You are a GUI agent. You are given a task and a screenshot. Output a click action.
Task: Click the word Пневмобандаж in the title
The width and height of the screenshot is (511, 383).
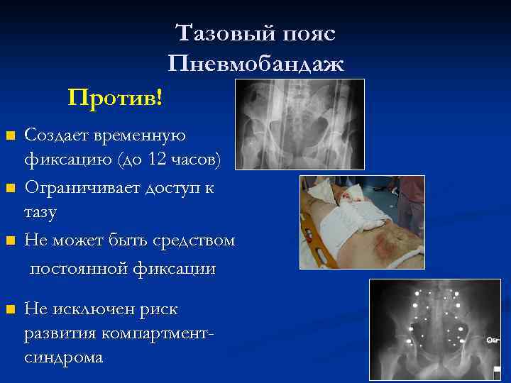coord(256,65)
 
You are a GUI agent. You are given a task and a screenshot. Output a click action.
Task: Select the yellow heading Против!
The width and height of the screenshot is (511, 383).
coord(115,96)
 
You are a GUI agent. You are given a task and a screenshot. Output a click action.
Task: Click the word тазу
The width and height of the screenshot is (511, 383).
coord(41,211)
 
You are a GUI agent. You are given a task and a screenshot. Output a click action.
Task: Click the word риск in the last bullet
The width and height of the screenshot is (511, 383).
coord(159,309)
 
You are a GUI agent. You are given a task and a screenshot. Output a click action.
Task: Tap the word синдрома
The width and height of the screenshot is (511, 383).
coord(63,357)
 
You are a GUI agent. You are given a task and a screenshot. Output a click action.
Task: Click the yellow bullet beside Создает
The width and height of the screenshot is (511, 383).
coord(9,135)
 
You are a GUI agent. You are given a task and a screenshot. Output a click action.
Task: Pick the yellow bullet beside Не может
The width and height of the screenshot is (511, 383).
coord(9,242)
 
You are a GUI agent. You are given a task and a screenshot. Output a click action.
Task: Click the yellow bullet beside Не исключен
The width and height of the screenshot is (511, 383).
coord(9,310)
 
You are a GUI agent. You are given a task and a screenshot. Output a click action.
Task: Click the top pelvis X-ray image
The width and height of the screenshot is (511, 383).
coord(299,124)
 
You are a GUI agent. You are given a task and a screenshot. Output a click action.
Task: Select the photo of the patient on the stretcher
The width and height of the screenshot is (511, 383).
coord(362,222)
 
